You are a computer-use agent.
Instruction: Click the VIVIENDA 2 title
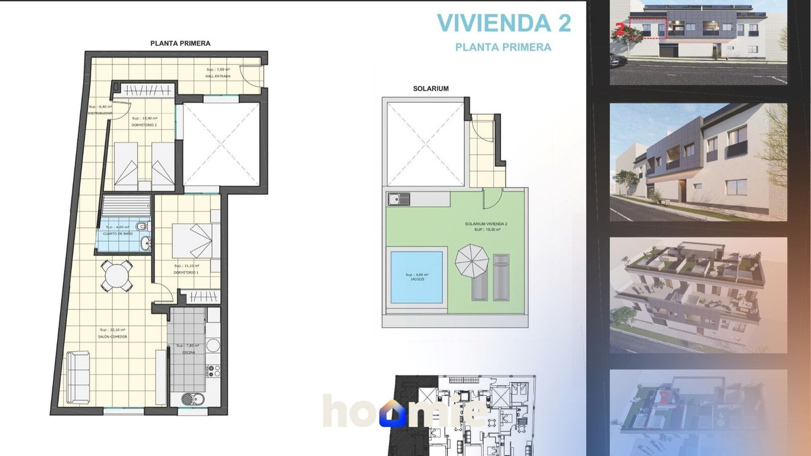click(504, 23)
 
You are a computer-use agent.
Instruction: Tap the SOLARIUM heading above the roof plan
click(430, 89)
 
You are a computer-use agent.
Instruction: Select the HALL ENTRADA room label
click(218, 76)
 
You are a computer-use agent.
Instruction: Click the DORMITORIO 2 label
click(144, 125)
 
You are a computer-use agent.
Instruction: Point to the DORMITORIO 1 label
click(186, 272)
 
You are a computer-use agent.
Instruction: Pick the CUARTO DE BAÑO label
click(118, 234)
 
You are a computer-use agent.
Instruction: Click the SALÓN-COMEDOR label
click(113, 336)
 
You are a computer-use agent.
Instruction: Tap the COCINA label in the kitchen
click(189, 352)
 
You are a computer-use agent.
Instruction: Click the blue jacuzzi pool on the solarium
click(416, 277)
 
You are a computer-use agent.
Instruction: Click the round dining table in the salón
click(117, 276)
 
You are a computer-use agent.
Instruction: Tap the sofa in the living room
click(78, 377)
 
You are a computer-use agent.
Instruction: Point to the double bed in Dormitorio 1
click(193, 241)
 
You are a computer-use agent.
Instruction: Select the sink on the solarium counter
click(399, 199)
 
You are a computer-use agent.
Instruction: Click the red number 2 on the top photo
click(620, 29)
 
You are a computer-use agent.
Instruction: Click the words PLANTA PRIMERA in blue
click(503, 47)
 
